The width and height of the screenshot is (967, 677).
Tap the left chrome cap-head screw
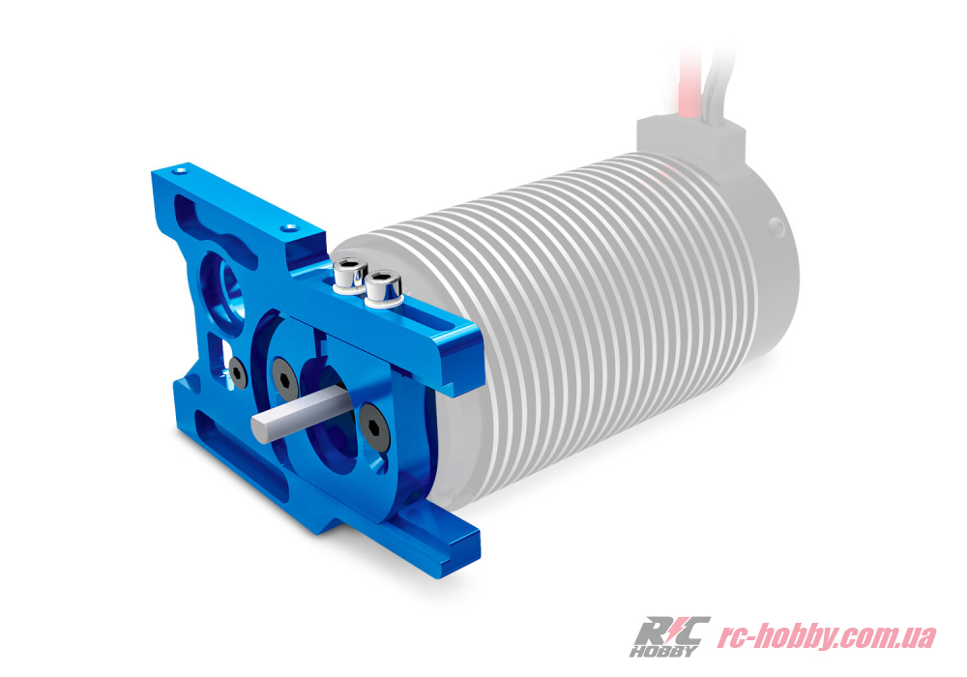pyautogui.click(x=349, y=275)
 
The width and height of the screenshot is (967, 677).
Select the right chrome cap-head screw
pyautogui.click(x=382, y=288)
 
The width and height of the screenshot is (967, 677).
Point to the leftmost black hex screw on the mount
pyautogui.click(x=238, y=374)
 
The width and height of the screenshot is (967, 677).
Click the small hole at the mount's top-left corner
pyautogui.click(x=180, y=168)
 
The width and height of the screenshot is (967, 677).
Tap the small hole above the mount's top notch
pyautogui.click(x=287, y=228)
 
